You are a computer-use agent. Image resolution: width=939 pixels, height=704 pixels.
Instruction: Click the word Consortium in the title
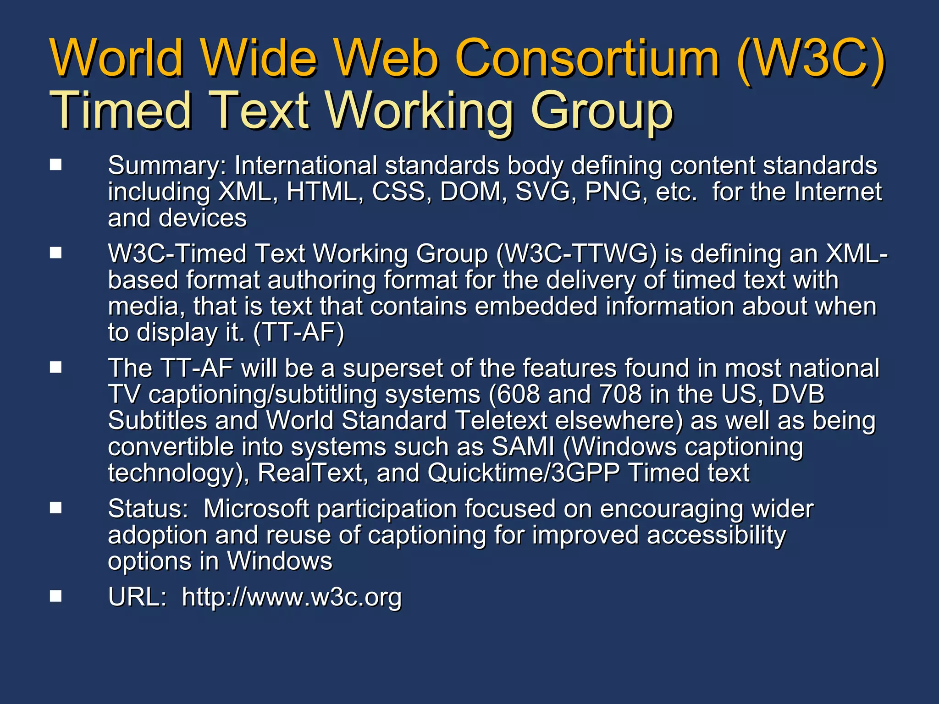click(587, 59)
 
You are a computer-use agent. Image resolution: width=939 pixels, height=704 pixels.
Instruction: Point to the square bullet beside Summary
click(56, 165)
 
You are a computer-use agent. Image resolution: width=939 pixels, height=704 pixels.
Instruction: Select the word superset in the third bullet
click(392, 368)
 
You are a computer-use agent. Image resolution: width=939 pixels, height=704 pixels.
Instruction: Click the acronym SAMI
click(523, 446)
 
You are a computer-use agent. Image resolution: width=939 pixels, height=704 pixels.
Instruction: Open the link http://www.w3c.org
click(292, 597)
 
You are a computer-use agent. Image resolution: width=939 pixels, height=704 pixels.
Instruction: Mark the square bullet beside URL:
click(56, 596)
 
